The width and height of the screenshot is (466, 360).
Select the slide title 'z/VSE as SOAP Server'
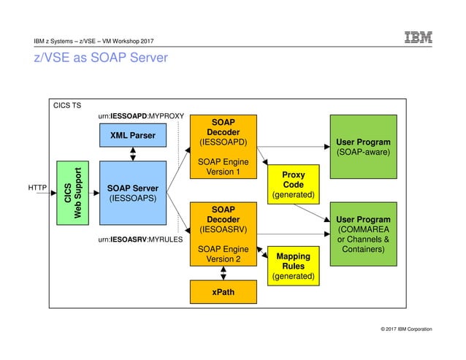[x=101, y=57]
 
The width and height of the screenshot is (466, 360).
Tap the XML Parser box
[x=132, y=135]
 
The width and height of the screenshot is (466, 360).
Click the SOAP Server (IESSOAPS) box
[x=132, y=193]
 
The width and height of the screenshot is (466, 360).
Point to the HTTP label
[x=37, y=188]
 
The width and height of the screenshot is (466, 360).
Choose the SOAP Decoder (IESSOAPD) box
[x=223, y=146]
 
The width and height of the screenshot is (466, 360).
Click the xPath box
[x=223, y=292]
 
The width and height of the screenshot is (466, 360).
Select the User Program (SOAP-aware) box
[x=363, y=146]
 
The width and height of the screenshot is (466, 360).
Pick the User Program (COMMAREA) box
[x=363, y=234]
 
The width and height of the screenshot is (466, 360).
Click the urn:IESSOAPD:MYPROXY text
[x=140, y=116]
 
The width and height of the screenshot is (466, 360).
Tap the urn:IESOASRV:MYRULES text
[x=140, y=239]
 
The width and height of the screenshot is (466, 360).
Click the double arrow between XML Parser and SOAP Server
[x=132, y=154]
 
